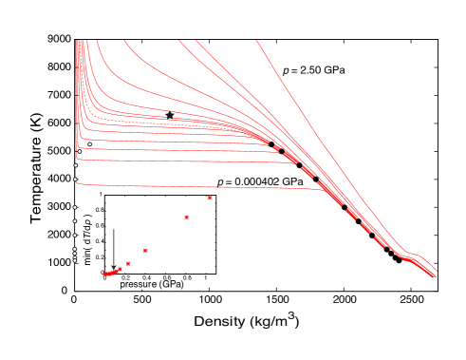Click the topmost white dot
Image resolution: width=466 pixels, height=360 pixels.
89,144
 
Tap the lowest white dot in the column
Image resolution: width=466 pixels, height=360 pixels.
75,259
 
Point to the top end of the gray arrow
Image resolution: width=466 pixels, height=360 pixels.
114,229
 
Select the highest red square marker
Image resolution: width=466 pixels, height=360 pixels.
210,198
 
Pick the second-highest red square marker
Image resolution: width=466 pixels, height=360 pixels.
186,218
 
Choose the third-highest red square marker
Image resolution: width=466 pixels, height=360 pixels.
145,251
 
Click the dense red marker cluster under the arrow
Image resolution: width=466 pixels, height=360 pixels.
110,273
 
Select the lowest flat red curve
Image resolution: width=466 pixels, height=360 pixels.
190,185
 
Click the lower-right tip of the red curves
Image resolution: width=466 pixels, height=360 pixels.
435,276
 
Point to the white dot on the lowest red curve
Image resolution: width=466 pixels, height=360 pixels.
75,179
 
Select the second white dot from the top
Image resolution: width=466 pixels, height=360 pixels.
80,151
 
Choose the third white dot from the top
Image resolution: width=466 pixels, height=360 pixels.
76,165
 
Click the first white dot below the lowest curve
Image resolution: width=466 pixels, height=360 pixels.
75,207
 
